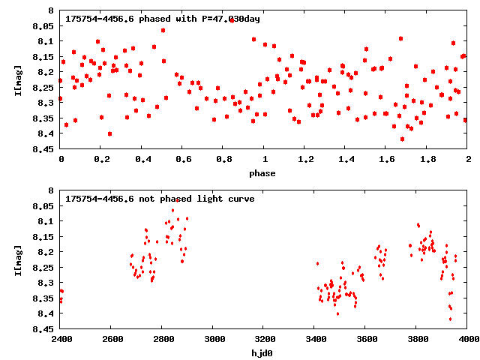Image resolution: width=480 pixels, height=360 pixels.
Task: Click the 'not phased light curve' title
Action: click(x=160, y=199)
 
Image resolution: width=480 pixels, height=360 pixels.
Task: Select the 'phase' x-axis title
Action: click(x=262, y=173)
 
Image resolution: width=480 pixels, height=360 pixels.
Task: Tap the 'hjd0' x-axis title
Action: click(x=262, y=352)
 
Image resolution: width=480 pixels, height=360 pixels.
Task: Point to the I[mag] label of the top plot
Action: click(x=19, y=79)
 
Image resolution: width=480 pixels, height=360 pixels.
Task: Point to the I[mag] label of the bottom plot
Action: click(x=19, y=259)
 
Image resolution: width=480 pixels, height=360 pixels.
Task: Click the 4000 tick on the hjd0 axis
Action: click(x=468, y=339)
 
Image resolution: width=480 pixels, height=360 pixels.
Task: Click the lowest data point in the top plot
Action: click(x=402, y=139)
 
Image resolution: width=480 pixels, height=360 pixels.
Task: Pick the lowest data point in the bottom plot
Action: click(x=450, y=319)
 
